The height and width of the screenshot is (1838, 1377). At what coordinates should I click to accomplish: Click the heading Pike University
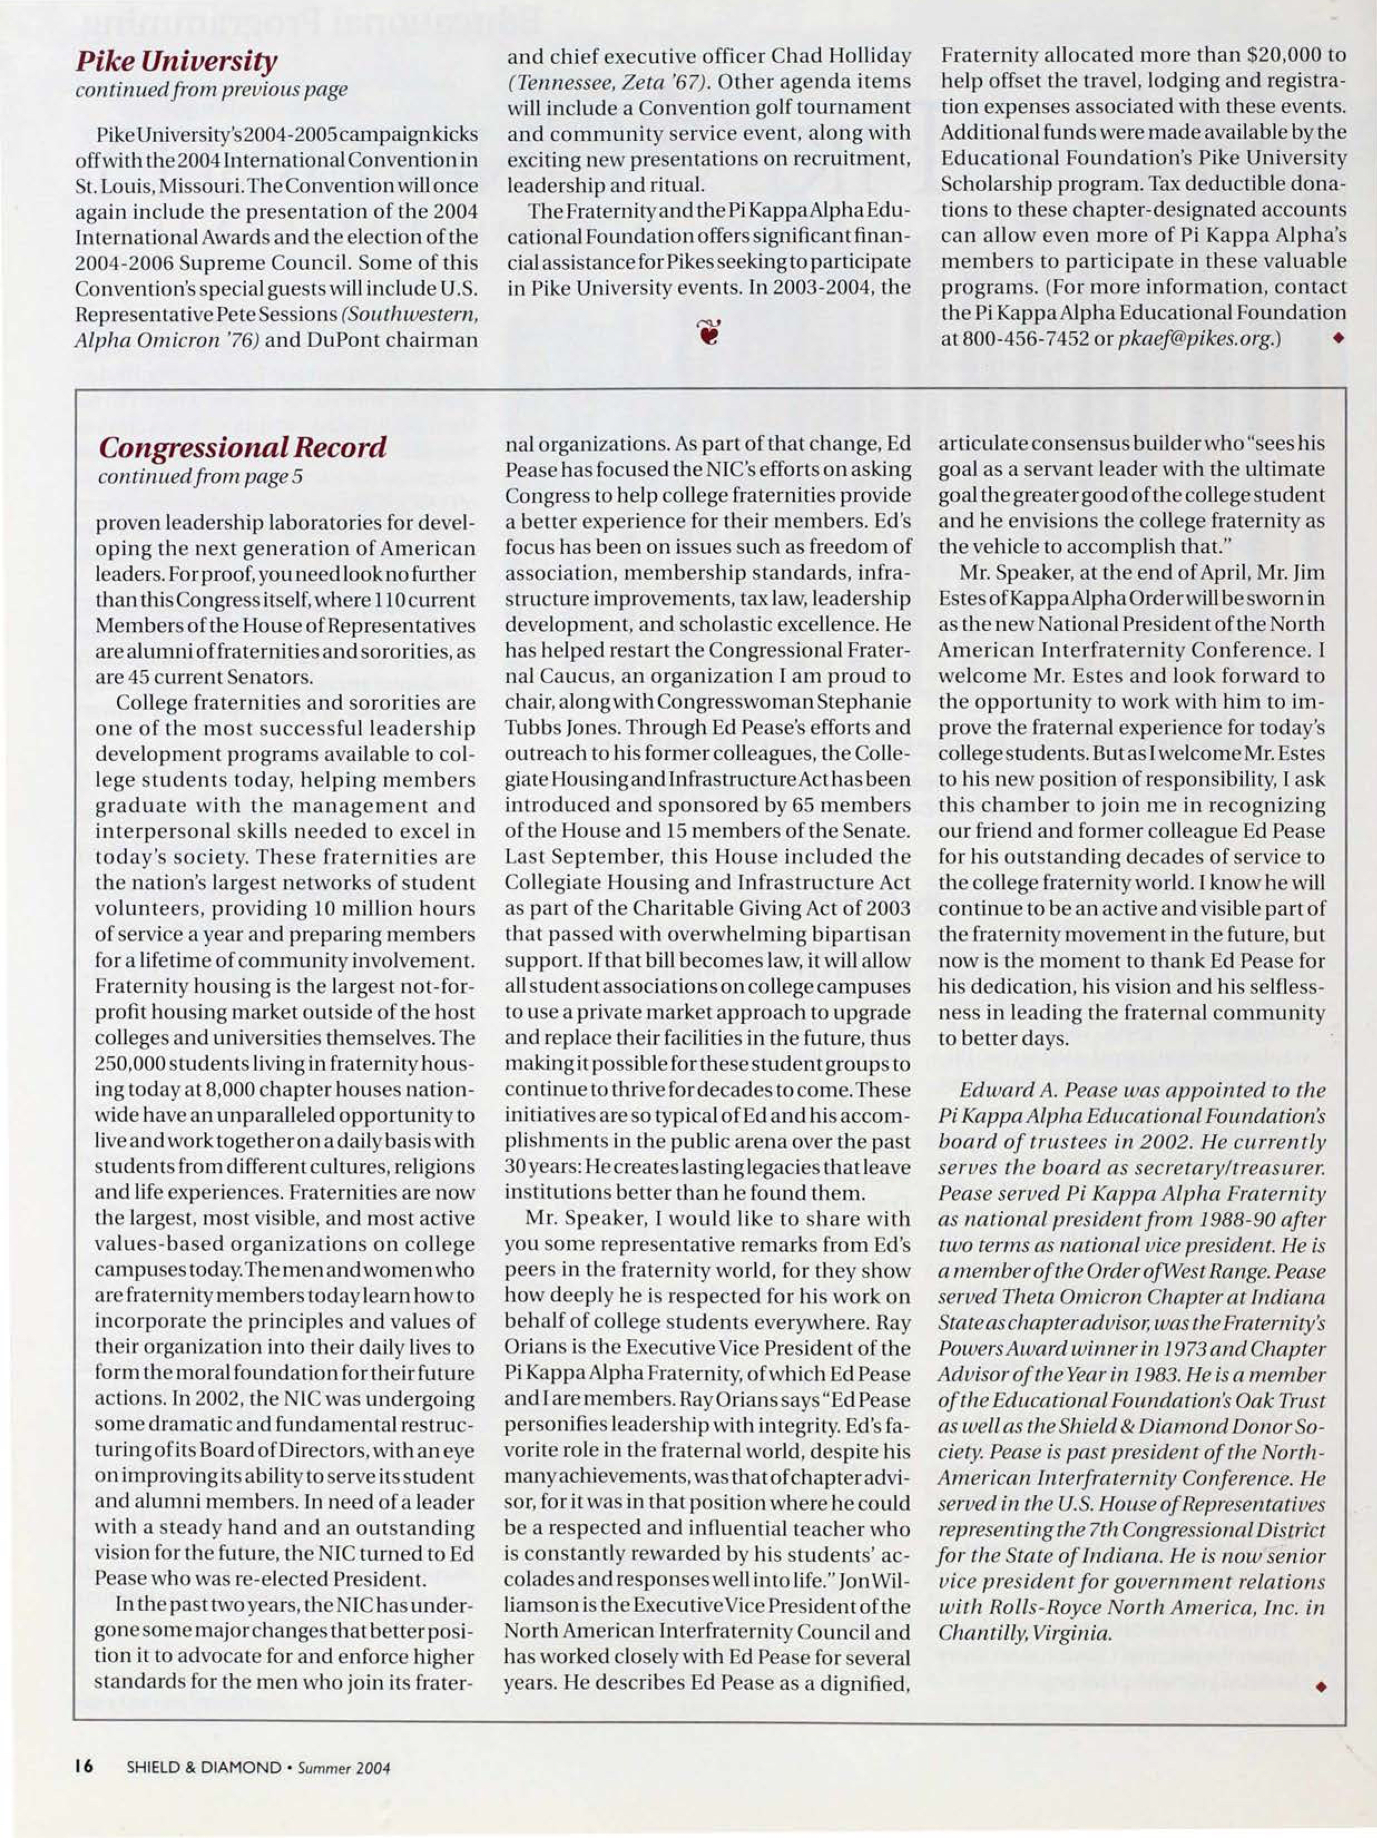[x=176, y=61]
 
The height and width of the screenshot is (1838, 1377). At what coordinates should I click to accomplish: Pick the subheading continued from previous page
[x=211, y=90]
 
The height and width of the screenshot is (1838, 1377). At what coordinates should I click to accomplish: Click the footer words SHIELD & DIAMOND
[x=204, y=1767]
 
